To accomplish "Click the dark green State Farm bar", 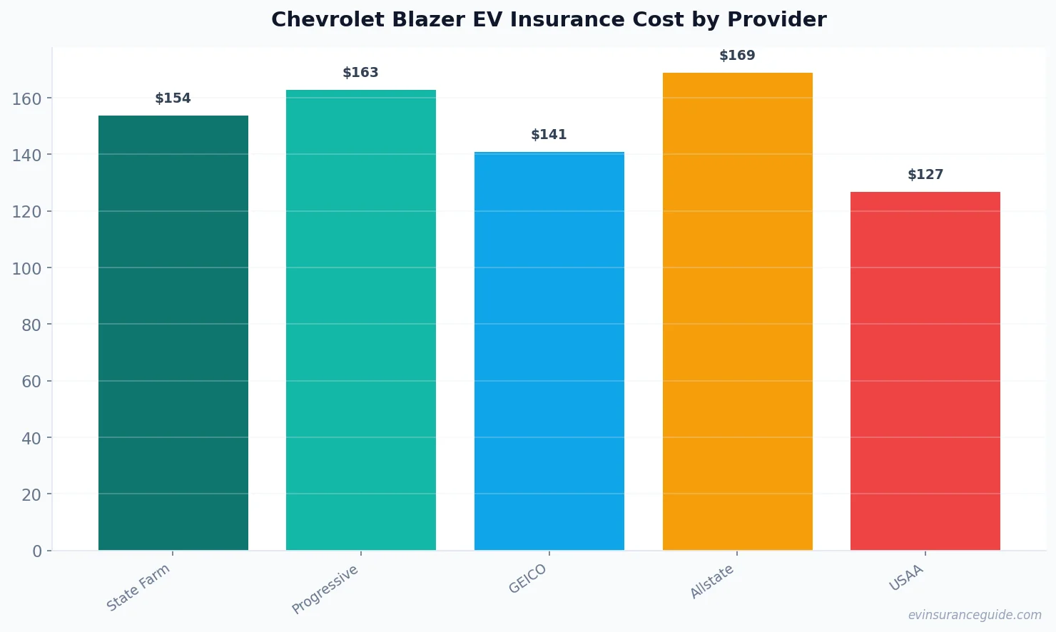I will pyautogui.click(x=173, y=332).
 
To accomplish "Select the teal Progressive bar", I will pyautogui.click(x=361, y=320).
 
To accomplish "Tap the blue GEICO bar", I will pyautogui.click(x=549, y=351).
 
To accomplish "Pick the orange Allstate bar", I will pyautogui.click(x=737, y=311).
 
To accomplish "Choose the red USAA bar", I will pyautogui.click(x=925, y=371).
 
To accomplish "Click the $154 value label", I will pyautogui.click(x=173, y=98).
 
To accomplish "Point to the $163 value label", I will pyautogui.click(x=361, y=73).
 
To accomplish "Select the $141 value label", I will pyautogui.click(x=549, y=135).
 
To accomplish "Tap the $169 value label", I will pyautogui.click(x=737, y=56).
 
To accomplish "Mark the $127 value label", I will pyautogui.click(x=925, y=175).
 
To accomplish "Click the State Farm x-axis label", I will pyautogui.click(x=138, y=587).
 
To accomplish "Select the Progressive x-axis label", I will pyautogui.click(x=325, y=589).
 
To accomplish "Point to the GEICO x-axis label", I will pyautogui.click(x=528, y=579).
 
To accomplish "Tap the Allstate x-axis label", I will pyautogui.click(x=712, y=581).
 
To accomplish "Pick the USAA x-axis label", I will pyautogui.click(x=906, y=578).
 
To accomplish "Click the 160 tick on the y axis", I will pyautogui.click(x=26, y=98).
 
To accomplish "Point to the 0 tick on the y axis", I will pyautogui.click(x=37, y=551).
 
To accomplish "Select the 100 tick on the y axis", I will pyautogui.click(x=26, y=268).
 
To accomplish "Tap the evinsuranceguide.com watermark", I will pyautogui.click(x=975, y=615).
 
